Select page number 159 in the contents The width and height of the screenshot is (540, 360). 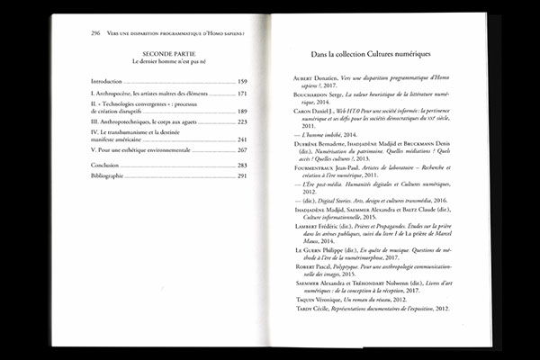[x=242, y=82]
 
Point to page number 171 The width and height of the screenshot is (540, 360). [x=242, y=94]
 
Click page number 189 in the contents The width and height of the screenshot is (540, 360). [x=242, y=112]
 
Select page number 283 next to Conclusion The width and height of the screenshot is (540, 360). [x=242, y=166]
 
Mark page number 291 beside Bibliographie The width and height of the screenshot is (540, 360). [x=242, y=175]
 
